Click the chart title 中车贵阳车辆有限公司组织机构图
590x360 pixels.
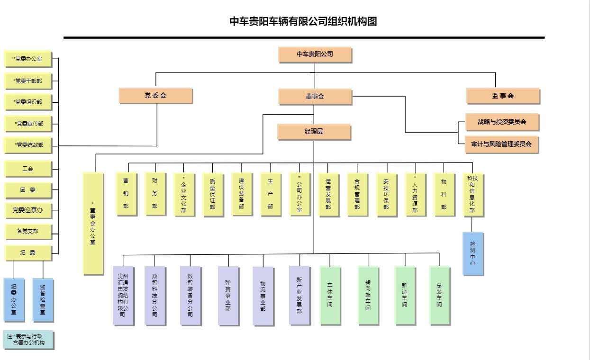click(x=303, y=21)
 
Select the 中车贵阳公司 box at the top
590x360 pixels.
click(x=315, y=54)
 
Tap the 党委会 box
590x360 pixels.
click(x=155, y=96)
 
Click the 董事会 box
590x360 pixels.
click(x=315, y=96)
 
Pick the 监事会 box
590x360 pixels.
click(x=503, y=96)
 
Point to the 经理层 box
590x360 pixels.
click(x=314, y=132)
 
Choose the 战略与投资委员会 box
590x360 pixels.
click(x=502, y=122)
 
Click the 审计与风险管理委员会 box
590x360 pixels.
click(x=501, y=144)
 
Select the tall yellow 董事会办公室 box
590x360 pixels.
click(x=93, y=223)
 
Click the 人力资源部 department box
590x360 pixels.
click(x=415, y=195)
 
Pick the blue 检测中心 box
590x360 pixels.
click(x=472, y=253)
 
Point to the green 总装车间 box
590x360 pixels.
click(x=439, y=295)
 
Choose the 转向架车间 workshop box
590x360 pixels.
click(x=368, y=295)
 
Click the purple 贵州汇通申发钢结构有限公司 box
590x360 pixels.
click(x=123, y=295)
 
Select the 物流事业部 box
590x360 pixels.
click(x=263, y=296)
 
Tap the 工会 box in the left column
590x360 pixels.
click(x=27, y=169)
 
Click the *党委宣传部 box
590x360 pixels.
click(x=28, y=124)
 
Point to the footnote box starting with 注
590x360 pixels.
click(x=28, y=339)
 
